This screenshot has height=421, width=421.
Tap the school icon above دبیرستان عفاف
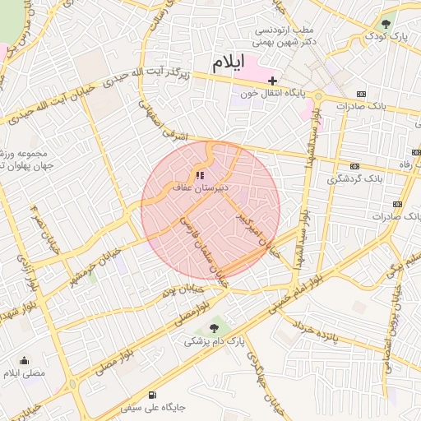click(x=199, y=175)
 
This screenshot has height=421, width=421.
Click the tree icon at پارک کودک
click(x=386, y=24)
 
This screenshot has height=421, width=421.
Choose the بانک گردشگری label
click(x=355, y=178)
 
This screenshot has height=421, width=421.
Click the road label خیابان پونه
click(x=180, y=290)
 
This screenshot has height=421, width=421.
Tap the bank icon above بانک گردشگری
click(x=354, y=166)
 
